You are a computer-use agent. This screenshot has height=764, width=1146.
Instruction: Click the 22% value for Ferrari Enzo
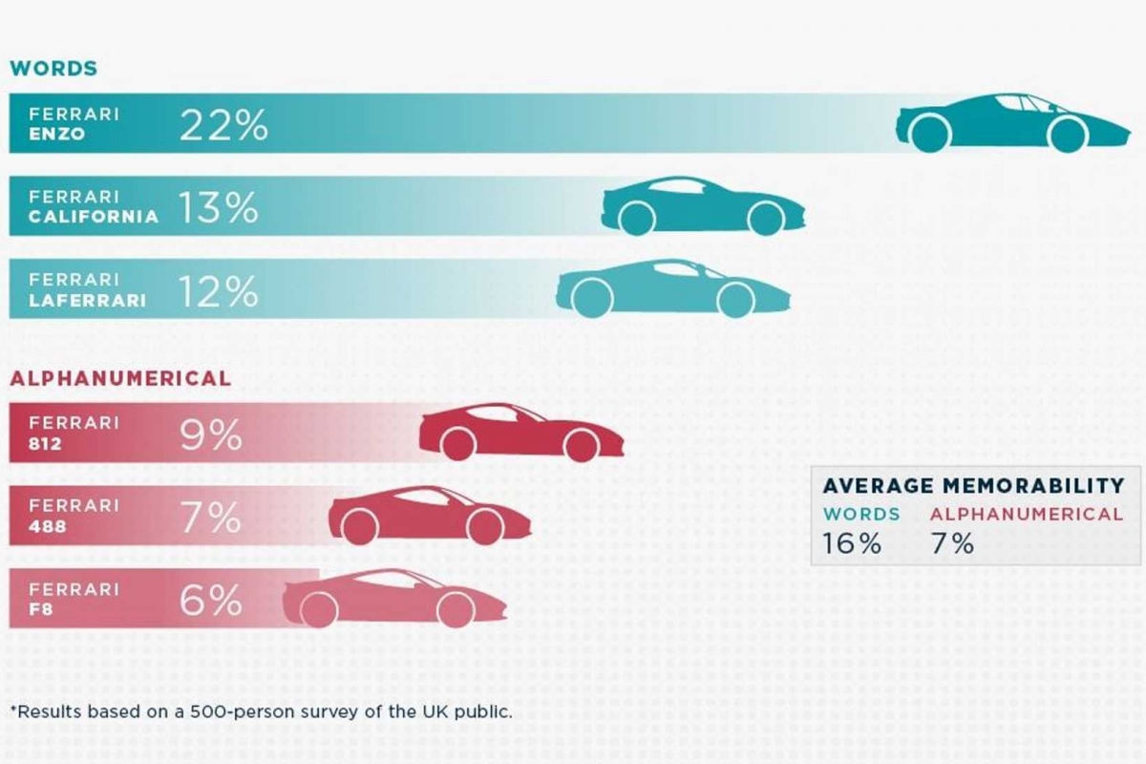pyautogui.click(x=223, y=125)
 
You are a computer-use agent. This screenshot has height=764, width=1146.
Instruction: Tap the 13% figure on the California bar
pyautogui.click(x=218, y=208)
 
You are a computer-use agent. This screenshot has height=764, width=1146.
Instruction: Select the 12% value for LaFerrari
pyautogui.click(x=218, y=292)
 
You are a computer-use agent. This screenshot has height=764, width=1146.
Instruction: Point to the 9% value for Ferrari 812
pyautogui.click(x=210, y=436)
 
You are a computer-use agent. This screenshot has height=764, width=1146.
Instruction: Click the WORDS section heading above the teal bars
pyautogui.click(x=53, y=69)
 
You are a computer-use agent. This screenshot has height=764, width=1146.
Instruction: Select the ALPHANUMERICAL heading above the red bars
pyautogui.click(x=120, y=378)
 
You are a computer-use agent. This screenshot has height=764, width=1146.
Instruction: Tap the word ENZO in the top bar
pyautogui.click(x=57, y=135)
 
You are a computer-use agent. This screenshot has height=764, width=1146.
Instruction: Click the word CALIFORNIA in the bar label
pyautogui.click(x=94, y=217)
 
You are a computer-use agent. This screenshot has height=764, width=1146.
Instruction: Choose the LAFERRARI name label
pyautogui.click(x=88, y=300)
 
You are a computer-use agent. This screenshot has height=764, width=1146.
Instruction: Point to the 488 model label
pyautogui.click(x=49, y=526)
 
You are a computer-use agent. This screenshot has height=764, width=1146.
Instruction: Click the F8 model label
pyautogui.click(x=42, y=608)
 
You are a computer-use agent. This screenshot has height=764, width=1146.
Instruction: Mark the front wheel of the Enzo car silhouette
pyautogui.click(x=1067, y=135)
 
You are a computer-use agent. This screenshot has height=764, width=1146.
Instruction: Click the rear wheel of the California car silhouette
pyautogui.click(x=636, y=219)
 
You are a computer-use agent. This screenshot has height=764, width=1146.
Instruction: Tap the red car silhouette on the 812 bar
pyautogui.click(x=521, y=431)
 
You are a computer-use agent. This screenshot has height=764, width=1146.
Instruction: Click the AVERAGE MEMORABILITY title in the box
pyautogui.click(x=973, y=485)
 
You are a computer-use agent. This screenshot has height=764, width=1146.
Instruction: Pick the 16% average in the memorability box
pyautogui.click(x=852, y=544)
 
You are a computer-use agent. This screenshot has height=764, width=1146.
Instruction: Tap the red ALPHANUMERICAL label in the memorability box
pyautogui.click(x=1026, y=514)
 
